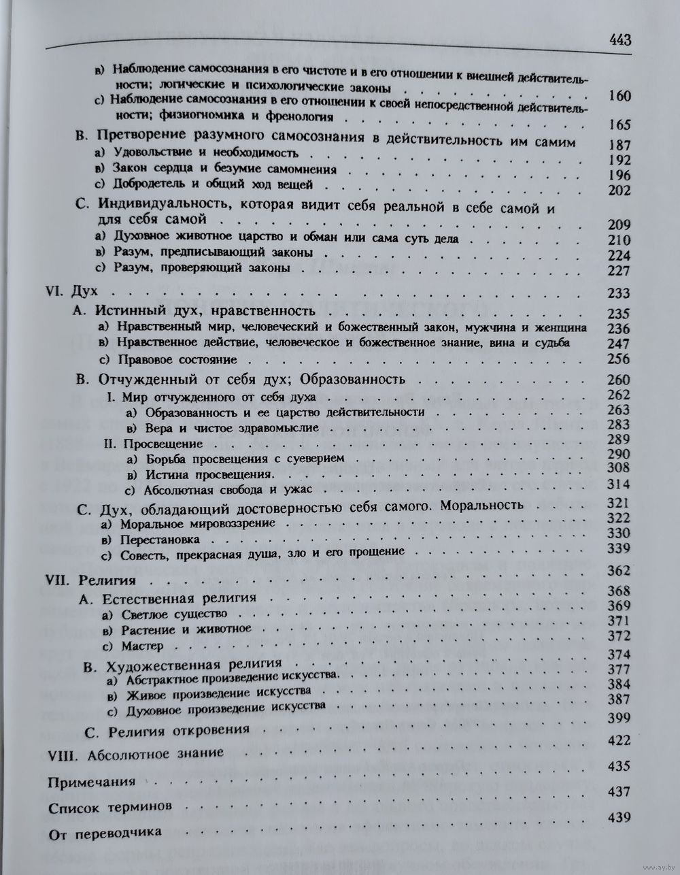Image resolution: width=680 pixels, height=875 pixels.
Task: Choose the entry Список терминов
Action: tap(101, 807)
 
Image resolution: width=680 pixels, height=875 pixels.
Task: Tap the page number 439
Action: tap(619, 819)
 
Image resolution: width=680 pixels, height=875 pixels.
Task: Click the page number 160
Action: tap(619, 96)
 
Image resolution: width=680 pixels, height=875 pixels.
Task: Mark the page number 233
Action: tap(619, 293)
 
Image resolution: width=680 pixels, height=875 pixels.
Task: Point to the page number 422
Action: tap(619, 741)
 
